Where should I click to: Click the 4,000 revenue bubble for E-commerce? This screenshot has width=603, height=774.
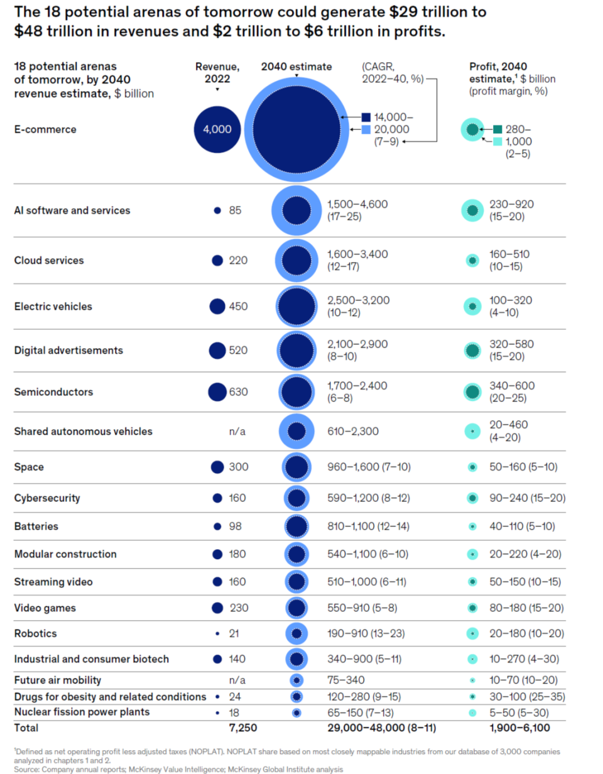[x=217, y=129]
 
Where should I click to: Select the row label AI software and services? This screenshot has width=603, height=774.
[x=72, y=210]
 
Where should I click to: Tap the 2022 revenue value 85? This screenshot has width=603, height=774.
[x=235, y=210]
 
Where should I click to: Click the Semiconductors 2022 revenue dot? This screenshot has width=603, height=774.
[x=217, y=392]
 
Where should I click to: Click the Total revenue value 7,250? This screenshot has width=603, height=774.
[x=242, y=728]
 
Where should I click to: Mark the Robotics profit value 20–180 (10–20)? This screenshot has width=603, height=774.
[x=526, y=633]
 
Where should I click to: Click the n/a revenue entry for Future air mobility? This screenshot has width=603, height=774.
[x=237, y=680]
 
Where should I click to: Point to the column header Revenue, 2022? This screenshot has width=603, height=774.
[x=217, y=73]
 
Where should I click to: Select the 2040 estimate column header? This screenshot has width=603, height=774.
[x=296, y=67]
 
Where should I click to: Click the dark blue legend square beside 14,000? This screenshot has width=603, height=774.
[x=366, y=117]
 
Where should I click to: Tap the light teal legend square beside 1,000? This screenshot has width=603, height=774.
[x=497, y=141]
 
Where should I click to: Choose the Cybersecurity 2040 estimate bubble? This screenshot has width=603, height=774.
[x=296, y=498]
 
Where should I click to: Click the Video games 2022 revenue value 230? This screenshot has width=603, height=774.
[x=238, y=608]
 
